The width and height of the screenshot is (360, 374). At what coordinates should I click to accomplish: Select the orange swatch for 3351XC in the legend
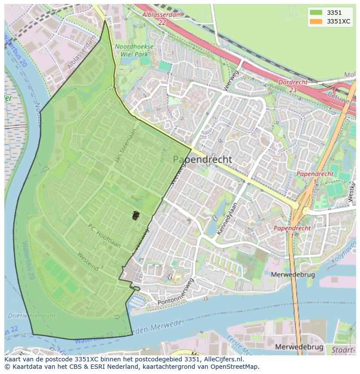pyautogui.click(x=316, y=21)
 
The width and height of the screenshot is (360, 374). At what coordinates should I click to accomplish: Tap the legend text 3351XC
pyautogui.click(x=338, y=21)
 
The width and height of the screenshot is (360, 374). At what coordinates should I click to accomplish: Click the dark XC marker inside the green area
pyautogui.click(x=135, y=215)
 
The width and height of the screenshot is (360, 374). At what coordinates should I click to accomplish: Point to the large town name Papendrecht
pyautogui.click(x=203, y=159)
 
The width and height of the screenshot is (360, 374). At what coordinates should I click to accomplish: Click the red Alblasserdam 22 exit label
pyautogui.click(x=162, y=18)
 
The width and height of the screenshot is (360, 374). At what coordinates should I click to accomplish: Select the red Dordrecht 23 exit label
pyautogui.click(x=293, y=86)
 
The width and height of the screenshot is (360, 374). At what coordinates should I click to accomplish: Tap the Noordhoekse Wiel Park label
pyautogui.click(x=134, y=50)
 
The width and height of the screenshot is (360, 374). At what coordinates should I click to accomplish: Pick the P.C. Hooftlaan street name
pyautogui.click(x=104, y=236)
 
